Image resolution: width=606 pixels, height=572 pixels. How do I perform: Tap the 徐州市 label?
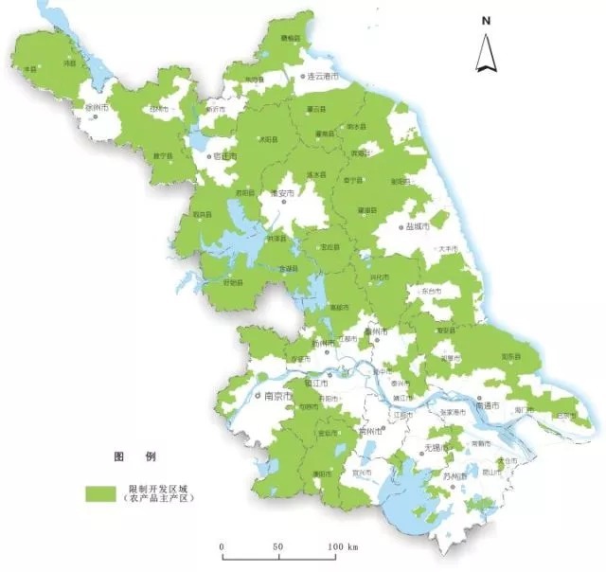click(98, 108)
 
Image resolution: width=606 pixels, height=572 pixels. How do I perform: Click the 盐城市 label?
click(418, 227)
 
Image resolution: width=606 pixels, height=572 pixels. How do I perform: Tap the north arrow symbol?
click(485, 53)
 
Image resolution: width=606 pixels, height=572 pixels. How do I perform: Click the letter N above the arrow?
click(485, 20)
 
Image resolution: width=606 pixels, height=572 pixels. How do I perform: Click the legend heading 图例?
click(131, 456)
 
